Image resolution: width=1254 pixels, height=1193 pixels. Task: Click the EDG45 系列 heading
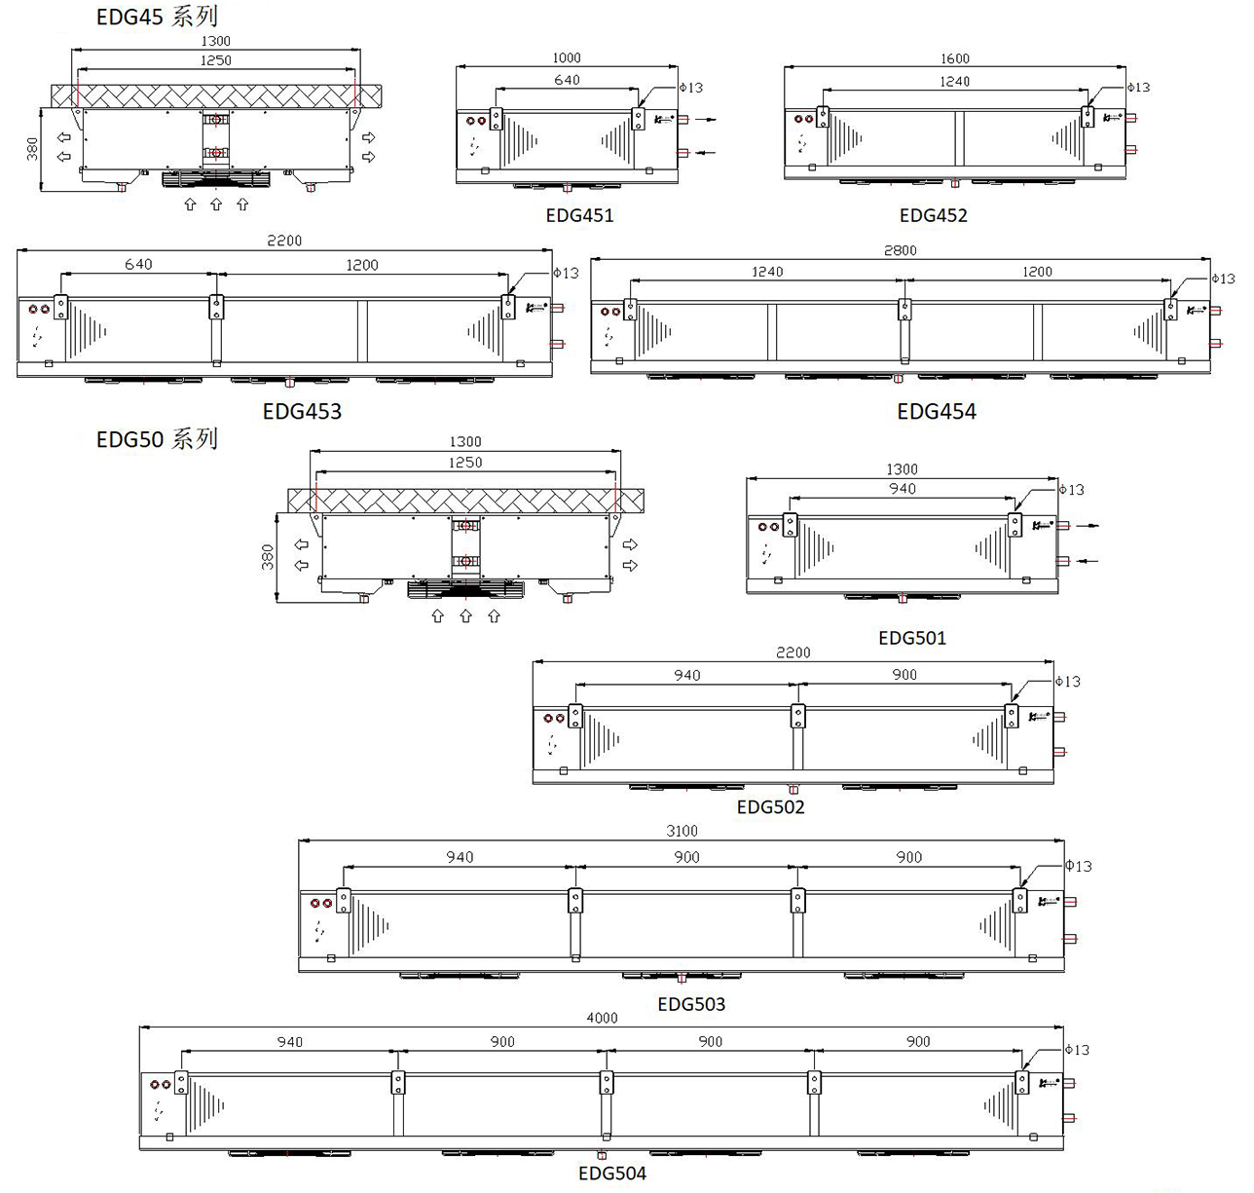(x=157, y=17)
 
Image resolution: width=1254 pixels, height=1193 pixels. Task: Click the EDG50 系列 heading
(x=157, y=439)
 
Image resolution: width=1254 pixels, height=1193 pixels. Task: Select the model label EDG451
(x=579, y=215)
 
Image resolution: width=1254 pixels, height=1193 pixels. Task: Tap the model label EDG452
(x=933, y=215)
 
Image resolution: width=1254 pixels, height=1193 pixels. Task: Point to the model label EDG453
(x=302, y=411)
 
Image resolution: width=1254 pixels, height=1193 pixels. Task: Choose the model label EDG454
(x=936, y=411)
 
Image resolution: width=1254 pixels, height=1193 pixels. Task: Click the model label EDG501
(x=911, y=638)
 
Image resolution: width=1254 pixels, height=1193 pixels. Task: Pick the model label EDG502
(x=770, y=806)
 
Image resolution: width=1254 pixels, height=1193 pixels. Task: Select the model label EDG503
(x=691, y=1003)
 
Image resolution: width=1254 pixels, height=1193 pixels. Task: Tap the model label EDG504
(x=611, y=1173)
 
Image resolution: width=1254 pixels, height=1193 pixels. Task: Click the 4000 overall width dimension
(x=602, y=1018)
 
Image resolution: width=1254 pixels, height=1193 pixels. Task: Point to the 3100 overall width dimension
(x=682, y=831)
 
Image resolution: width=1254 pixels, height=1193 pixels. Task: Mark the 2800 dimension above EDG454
(x=900, y=250)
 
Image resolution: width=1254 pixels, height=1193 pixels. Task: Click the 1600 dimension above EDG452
(x=955, y=58)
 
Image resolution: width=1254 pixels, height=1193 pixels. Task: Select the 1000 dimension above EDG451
(x=566, y=58)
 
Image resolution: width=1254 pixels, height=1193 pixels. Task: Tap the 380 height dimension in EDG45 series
(x=32, y=149)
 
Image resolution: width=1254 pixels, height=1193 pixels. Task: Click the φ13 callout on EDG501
(x=1071, y=490)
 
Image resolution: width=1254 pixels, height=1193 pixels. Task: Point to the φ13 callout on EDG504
(x=1077, y=1050)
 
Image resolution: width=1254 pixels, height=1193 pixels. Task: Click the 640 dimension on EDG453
(x=138, y=264)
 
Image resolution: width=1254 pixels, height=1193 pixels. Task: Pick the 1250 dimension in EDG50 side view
(x=465, y=463)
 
